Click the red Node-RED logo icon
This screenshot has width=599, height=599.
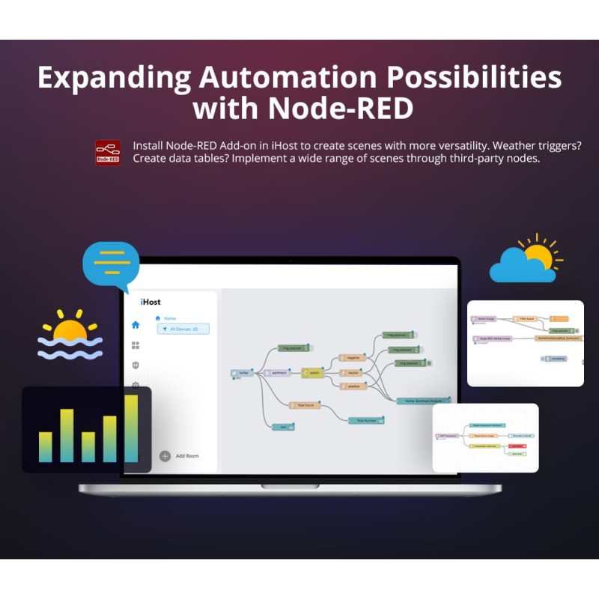[x=108, y=152]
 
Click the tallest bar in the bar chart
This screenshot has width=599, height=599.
[x=131, y=428]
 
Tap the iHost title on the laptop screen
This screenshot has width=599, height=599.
[x=150, y=302]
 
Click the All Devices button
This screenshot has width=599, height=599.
[x=183, y=329]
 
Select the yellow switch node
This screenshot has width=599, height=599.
[x=312, y=372]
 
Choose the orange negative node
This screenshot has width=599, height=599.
[x=352, y=359]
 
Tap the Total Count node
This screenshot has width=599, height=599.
[x=305, y=405]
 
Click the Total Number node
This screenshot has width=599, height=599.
[x=366, y=420]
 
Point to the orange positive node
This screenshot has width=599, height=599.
[x=353, y=386]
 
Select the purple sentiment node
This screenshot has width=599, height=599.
[x=278, y=372]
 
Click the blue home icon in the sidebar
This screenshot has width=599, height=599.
[x=136, y=325]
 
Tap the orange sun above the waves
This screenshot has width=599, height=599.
[x=70, y=329]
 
